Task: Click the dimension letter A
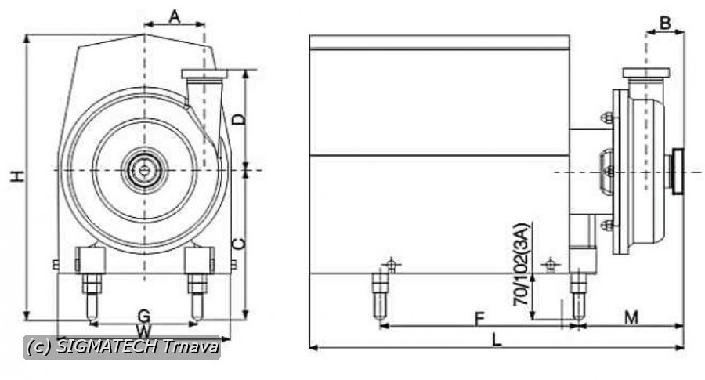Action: pyautogui.click(x=175, y=17)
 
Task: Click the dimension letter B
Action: pyautogui.click(x=665, y=23)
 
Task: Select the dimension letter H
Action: pyautogui.click(x=17, y=176)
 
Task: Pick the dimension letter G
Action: pyautogui.click(x=143, y=316)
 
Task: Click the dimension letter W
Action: pyautogui.click(x=143, y=332)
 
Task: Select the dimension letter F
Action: pyautogui.click(x=479, y=320)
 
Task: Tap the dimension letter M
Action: pyautogui.click(x=631, y=317)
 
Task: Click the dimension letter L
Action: pyautogui.click(x=496, y=339)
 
